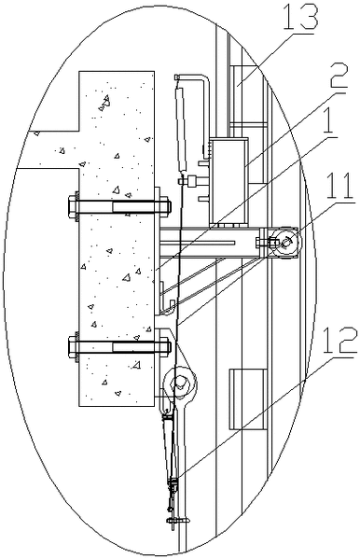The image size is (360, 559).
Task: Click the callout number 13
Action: click(299, 18)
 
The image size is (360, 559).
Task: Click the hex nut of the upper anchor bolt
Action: click(74, 206)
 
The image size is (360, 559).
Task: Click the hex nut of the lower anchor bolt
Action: click(74, 347)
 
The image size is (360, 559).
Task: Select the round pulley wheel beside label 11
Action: click(286, 244)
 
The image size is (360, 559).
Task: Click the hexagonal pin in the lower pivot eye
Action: click(179, 384)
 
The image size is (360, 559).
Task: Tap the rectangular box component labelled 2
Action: click(228, 181)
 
